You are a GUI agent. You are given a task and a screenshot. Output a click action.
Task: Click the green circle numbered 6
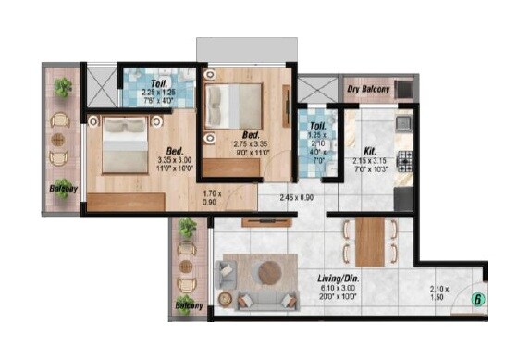(x=477, y=300)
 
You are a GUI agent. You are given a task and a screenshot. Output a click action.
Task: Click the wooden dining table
(x=370, y=240)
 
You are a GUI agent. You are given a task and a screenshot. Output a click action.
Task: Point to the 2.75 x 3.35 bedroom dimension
(x=249, y=145)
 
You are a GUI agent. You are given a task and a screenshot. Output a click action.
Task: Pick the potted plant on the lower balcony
(x=189, y=228)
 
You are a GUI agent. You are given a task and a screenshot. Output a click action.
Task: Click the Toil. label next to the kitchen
(x=316, y=126)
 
